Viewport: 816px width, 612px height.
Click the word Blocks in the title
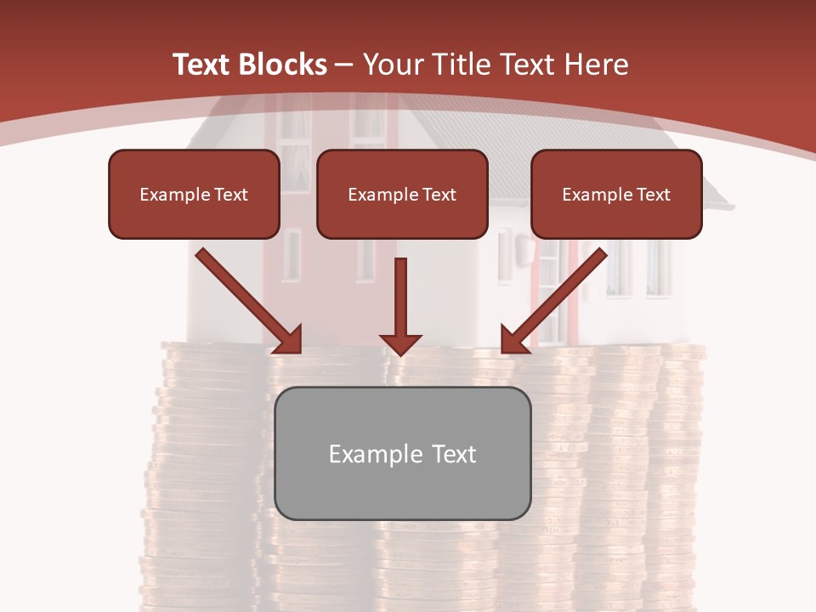click(x=285, y=65)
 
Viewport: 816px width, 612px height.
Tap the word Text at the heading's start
click(x=205, y=65)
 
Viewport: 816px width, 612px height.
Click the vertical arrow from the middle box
click(x=400, y=297)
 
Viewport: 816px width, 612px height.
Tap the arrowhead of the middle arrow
click(x=400, y=343)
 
